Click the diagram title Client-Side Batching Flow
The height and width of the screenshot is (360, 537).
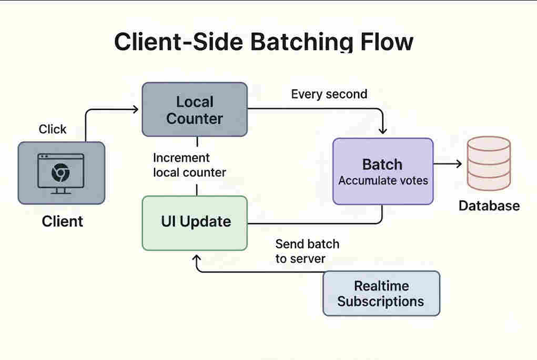click(x=264, y=42)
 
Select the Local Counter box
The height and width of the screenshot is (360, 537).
click(x=195, y=109)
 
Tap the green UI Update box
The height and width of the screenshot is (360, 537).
click(x=195, y=223)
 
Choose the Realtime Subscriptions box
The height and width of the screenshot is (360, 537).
click(x=381, y=293)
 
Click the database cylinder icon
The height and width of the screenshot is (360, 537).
click(x=489, y=163)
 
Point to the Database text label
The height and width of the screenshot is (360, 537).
click(x=489, y=206)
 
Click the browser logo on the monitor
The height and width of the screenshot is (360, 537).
click(x=60, y=172)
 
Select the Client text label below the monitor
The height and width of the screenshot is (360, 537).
click(x=62, y=221)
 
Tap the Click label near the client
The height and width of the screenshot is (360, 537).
click(x=53, y=129)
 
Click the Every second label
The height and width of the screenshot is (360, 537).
click(x=329, y=94)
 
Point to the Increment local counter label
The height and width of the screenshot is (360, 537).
click(x=189, y=165)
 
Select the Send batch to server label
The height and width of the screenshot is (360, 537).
click(x=307, y=251)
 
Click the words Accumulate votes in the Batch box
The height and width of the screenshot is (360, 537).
click(x=383, y=181)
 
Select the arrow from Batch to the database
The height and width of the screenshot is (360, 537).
click(x=447, y=164)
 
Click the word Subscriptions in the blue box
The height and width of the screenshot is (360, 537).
click(x=381, y=302)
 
